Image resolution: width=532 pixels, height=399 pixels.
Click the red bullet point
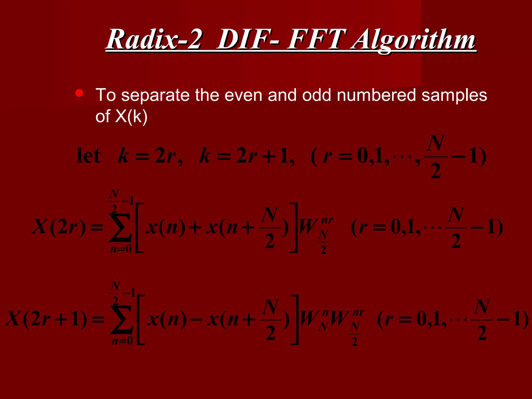[79, 93]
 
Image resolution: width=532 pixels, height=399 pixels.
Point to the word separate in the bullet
[156, 95]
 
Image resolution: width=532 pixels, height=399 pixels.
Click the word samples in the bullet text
[454, 95]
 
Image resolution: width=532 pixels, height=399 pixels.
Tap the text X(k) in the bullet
[131, 116]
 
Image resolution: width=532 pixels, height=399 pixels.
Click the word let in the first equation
[89, 156]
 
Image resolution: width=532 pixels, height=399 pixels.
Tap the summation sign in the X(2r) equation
[120, 228]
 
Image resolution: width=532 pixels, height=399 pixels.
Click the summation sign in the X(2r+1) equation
[121, 320]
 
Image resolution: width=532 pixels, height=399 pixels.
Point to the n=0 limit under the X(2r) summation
[121, 249]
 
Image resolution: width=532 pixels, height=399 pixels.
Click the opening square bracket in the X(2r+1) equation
[141, 320]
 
